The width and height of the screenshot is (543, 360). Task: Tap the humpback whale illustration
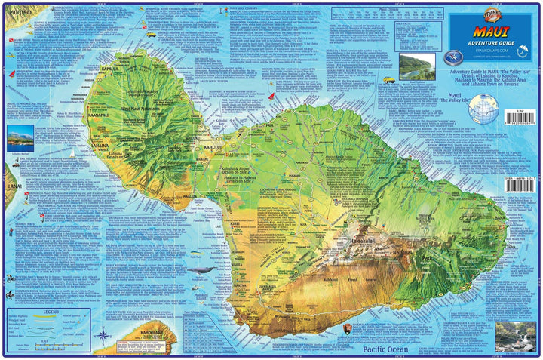[x=199, y=270]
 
